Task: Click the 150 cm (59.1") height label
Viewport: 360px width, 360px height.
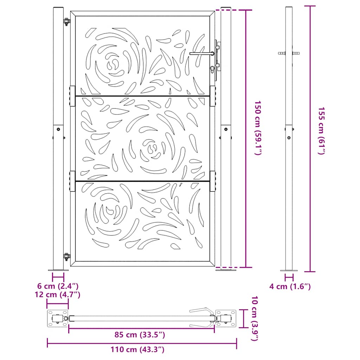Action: [x=258, y=128]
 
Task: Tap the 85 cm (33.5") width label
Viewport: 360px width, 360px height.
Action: [x=140, y=335]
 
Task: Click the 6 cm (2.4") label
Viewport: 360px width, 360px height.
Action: [x=58, y=286]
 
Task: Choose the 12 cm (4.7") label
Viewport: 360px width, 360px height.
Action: [x=58, y=294]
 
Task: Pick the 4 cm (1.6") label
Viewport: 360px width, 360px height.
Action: [x=290, y=287]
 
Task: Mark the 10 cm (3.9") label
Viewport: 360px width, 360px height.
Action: [x=256, y=319]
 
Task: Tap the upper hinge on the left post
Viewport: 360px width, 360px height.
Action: [x=66, y=22]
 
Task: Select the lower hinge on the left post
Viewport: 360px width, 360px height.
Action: [x=66, y=257]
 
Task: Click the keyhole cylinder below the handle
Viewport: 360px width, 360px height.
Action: [x=213, y=69]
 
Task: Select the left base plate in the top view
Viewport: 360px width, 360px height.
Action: [x=57, y=319]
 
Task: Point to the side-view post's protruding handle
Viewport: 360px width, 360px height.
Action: [x=289, y=53]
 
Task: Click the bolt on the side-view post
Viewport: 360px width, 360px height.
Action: [x=289, y=138]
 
